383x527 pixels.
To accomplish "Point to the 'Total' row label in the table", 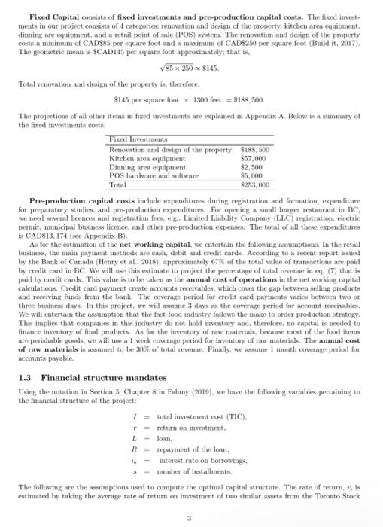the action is pos(118,184).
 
